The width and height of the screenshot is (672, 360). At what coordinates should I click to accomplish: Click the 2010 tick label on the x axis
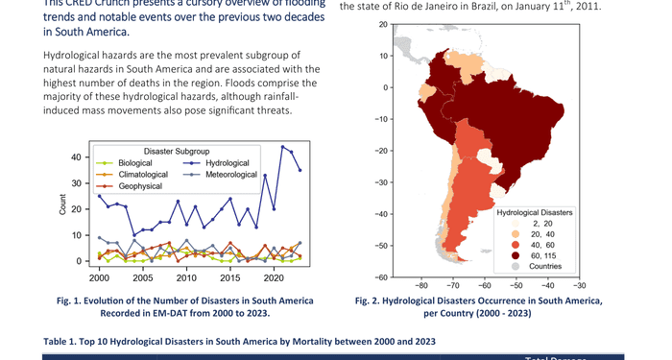coord(186,278)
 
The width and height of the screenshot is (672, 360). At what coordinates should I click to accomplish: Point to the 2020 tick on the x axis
coord(274,278)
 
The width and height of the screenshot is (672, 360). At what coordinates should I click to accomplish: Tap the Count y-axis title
coord(63,209)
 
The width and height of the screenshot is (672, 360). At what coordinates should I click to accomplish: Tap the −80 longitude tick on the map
coord(420,286)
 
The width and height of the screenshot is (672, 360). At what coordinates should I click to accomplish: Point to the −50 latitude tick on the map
coord(381,247)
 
